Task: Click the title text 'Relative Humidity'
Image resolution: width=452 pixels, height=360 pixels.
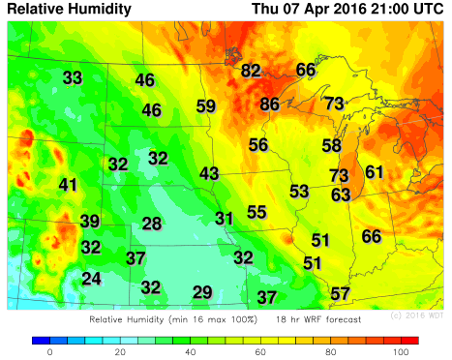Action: click(69, 9)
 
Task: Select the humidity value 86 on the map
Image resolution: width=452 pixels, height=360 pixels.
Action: click(270, 104)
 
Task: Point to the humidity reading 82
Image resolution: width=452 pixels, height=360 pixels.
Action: click(251, 70)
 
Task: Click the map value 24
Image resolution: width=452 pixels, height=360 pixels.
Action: click(91, 279)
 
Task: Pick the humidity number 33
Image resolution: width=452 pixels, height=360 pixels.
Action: click(73, 77)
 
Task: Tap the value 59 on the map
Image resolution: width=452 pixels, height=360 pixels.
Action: click(206, 106)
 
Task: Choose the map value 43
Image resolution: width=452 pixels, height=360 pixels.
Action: click(209, 173)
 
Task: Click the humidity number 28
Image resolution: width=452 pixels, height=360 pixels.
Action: click(152, 224)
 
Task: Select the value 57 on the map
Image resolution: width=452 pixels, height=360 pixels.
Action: click(340, 293)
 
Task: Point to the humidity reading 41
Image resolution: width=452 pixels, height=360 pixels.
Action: click(68, 185)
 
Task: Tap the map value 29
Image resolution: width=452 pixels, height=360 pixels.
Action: click(202, 292)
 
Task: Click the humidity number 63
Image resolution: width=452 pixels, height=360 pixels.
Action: click(340, 195)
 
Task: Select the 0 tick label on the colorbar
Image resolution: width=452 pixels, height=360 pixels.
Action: click(49, 352)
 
